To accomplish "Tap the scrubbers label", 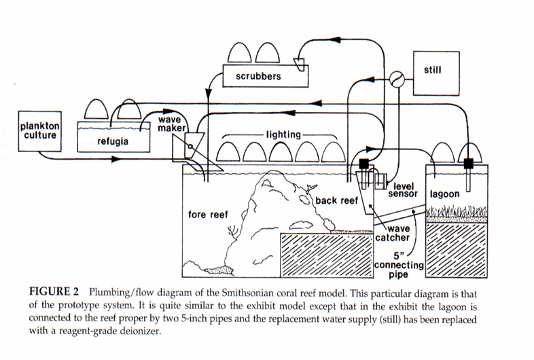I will [258, 77].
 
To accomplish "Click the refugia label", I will [109, 142].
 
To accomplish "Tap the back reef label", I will [336, 201].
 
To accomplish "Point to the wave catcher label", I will [393, 234].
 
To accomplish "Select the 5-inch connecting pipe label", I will [399, 264].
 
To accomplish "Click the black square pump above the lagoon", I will [468, 163].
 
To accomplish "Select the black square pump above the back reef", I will [363, 164].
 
